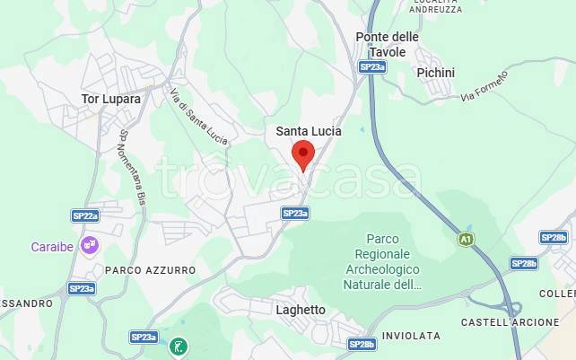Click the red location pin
point(303,154)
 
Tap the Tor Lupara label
point(110,99)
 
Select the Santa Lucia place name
point(308,131)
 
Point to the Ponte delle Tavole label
point(387,44)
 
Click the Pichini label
point(436,73)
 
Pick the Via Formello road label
point(484,85)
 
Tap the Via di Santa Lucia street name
point(198,116)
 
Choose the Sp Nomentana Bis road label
point(131,167)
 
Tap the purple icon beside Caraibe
point(89,243)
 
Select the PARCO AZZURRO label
point(150,269)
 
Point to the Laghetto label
point(301,310)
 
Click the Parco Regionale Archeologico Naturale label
point(381,261)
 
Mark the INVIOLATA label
point(411,336)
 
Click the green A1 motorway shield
point(465,239)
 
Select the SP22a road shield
point(85,216)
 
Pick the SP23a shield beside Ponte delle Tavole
point(371,66)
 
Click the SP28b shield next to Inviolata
point(362,344)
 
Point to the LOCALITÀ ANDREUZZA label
point(435,5)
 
